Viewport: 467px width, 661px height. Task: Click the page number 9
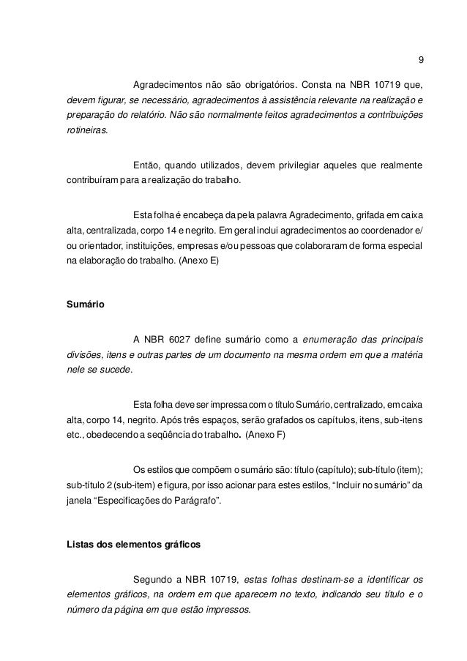point(419,60)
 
